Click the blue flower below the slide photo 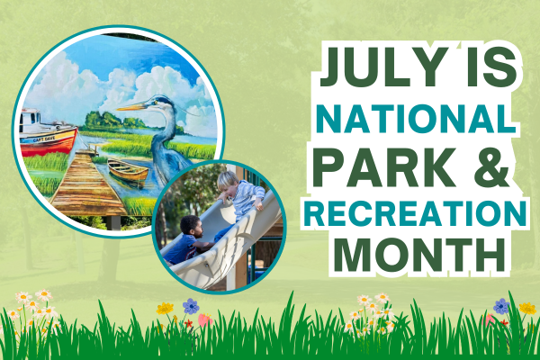190,306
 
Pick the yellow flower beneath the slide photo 165,309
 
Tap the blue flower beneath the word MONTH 500,306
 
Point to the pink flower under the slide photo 204,319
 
